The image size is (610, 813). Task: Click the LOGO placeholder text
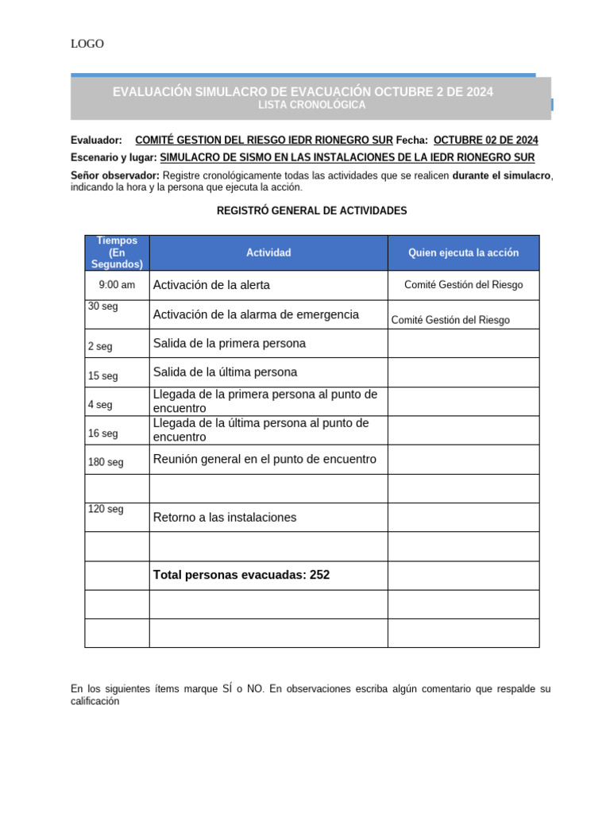click(x=87, y=44)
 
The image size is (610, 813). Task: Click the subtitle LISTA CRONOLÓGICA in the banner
click(x=312, y=105)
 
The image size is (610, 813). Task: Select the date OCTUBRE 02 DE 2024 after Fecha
click(x=485, y=140)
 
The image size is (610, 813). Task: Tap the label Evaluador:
click(x=96, y=140)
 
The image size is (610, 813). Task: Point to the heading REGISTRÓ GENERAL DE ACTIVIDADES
click(x=311, y=210)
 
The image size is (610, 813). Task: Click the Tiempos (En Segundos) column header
click(x=117, y=252)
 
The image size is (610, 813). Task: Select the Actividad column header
click(x=268, y=252)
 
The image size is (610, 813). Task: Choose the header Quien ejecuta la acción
click(x=463, y=252)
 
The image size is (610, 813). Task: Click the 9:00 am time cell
click(x=117, y=285)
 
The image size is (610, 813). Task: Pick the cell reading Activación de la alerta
click(x=211, y=285)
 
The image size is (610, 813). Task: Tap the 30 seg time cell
click(x=103, y=306)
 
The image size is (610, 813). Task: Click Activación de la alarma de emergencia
click(x=256, y=314)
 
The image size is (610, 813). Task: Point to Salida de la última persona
click(x=225, y=372)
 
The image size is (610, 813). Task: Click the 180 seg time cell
click(x=106, y=462)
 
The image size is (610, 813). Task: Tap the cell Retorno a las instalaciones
click(x=225, y=517)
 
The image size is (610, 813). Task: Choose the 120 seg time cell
click(x=106, y=509)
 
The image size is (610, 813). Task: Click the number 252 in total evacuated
click(x=319, y=575)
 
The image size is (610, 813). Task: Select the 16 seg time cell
click(x=103, y=433)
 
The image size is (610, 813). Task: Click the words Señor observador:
click(x=115, y=175)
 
